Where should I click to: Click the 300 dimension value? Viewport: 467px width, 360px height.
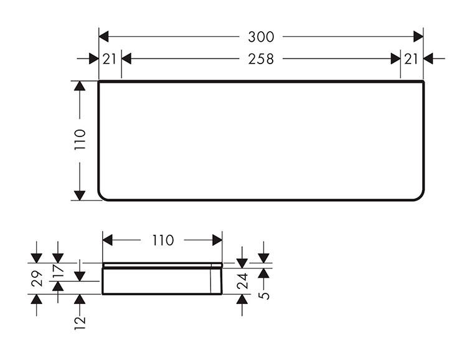tap(261, 37)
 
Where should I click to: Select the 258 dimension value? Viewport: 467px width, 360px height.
tap(261, 59)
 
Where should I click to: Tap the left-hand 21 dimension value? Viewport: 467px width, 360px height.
tap(110, 59)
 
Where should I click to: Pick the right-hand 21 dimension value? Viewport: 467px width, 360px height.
tap(412, 59)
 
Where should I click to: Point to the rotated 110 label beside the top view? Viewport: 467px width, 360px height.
tap(80, 138)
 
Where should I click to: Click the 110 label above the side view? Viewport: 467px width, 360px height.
tap(163, 240)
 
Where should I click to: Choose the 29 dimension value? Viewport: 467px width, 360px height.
tap(37, 278)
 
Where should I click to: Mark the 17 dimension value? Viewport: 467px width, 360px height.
tap(58, 272)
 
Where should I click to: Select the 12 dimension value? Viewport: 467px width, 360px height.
tap(80, 320)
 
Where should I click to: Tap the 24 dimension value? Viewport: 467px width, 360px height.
tap(242, 281)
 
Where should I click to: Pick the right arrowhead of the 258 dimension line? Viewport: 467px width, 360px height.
tap(395, 59)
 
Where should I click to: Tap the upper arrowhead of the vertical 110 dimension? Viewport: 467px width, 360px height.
tap(80, 86)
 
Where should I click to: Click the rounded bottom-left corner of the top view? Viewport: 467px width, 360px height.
tap(103, 196)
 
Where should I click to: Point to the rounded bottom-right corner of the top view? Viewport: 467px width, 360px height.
tap(420, 196)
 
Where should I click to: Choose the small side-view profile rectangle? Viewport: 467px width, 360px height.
tap(162, 278)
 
